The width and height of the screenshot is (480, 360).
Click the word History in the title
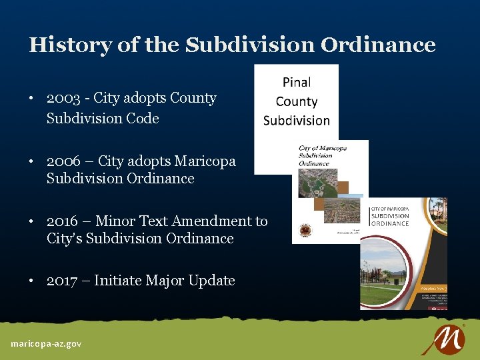[x=69, y=45]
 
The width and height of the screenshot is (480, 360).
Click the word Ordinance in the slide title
[x=378, y=45]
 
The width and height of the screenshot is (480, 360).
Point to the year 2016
[x=63, y=221]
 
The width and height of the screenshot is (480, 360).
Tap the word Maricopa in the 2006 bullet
[x=205, y=161]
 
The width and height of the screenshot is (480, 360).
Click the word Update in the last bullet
[x=212, y=281]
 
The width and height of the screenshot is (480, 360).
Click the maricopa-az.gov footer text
[x=46, y=343]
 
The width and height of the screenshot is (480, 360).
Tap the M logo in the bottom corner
[x=442, y=339]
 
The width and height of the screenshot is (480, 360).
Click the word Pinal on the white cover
[x=297, y=82]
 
